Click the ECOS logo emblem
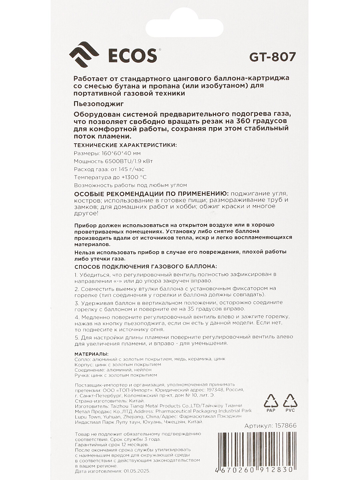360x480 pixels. click(84, 55)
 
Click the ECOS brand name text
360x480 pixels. click(132, 56)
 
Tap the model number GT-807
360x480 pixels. click(273, 57)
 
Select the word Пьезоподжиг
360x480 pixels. click(99, 103)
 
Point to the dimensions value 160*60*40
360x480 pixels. click(115, 153)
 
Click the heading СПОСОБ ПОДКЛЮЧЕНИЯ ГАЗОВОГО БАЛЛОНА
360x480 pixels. click(145, 266)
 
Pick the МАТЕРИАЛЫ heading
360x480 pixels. click(91, 354)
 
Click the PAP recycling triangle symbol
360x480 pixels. click(271, 401)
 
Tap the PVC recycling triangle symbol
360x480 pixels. click(290, 401)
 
